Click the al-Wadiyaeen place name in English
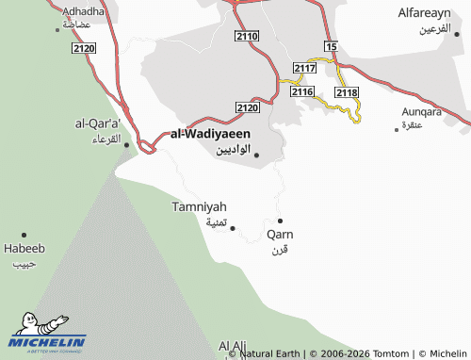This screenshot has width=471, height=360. pos(210,134)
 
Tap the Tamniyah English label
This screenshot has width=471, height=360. pos(200,206)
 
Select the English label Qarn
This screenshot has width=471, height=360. pos(280,234)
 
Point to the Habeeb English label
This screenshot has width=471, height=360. pos(24,249)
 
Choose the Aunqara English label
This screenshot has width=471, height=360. pos(419,110)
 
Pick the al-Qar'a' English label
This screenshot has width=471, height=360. pos(98,123)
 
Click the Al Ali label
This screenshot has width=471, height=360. pos(233,346)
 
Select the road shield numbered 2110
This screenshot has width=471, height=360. pos(247,36)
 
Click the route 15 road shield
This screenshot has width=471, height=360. pos(330,45)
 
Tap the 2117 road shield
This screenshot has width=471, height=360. pos(304,69)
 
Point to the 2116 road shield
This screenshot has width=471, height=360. pos(301,91)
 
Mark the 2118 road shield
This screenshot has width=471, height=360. pos(346,91)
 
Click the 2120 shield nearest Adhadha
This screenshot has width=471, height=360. pos(83,47)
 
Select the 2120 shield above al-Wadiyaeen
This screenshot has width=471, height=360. pos(247,108)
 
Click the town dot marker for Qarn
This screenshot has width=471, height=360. pos(280,221)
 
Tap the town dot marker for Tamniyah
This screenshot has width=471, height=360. pos(233,227)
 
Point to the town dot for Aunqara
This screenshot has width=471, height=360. pos(397,128)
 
